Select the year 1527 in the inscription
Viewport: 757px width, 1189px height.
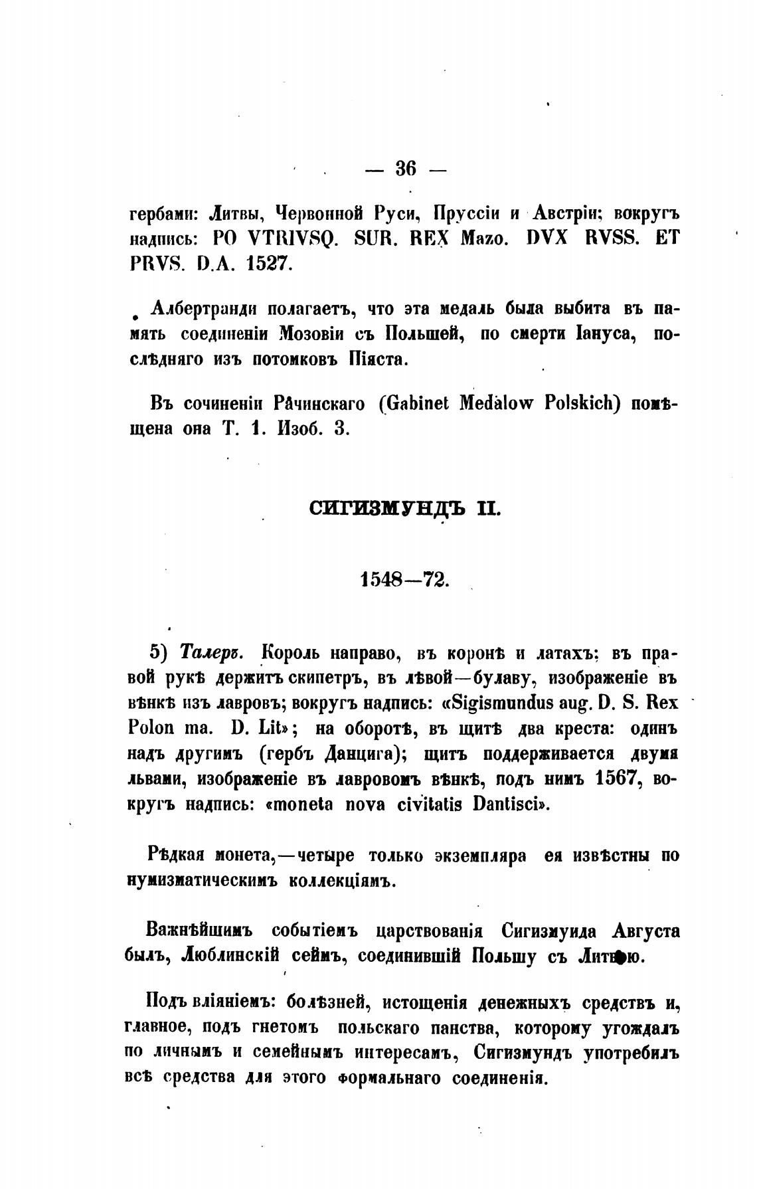pyautogui.click(x=269, y=263)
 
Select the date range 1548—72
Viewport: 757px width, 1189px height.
pyautogui.click(x=404, y=579)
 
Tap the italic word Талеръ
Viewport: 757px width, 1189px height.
pyautogui.click(x=212, y=653)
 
